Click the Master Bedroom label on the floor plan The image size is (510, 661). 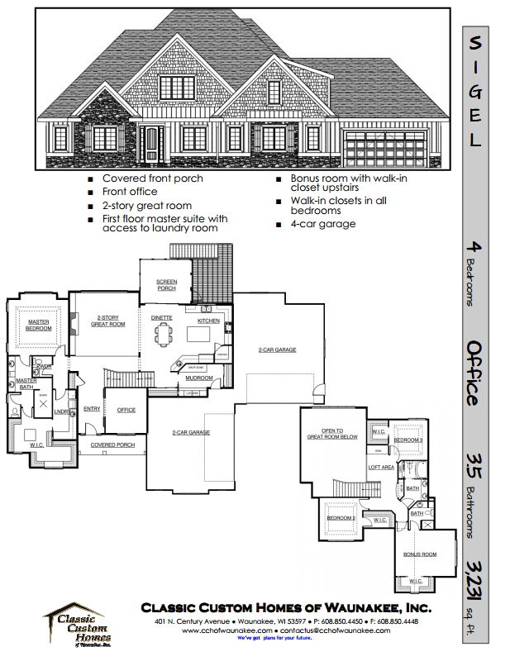click(x=40, y=325)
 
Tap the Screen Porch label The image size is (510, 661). click(x=167, y=285)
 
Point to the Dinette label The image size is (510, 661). click(x=162, y=316)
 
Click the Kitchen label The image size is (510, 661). click(x=207, y=321)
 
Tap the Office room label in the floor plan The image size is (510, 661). click(x=126, y=410)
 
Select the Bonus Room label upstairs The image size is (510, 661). click(x=419, y=554)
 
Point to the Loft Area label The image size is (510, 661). click(x=381, y=468)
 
